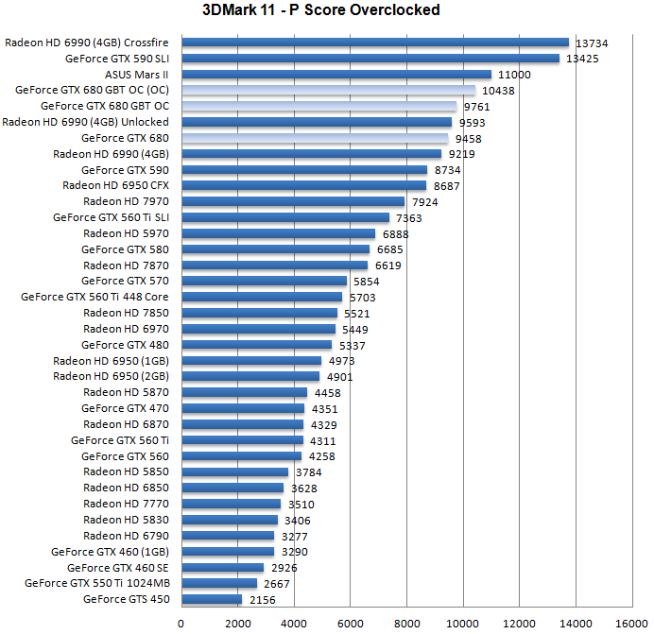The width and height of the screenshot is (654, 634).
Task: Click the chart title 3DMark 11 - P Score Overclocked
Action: point(320,11)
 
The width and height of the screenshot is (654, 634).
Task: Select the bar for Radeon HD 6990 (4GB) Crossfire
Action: point(374,43)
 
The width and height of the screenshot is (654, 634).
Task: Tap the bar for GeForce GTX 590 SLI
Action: point(370,59)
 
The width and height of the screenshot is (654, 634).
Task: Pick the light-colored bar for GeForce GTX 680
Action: point(314,138)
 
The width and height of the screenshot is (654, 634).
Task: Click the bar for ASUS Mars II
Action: point(336,75)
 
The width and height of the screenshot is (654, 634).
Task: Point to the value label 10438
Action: point(497,91)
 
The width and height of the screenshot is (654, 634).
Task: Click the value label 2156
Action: point(264,599)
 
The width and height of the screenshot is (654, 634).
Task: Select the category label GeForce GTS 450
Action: point(127,599)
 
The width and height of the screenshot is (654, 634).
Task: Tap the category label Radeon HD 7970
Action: point(126,201)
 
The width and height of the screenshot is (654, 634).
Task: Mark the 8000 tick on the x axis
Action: point(406,623)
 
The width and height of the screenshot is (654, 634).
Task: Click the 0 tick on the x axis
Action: point(181,623)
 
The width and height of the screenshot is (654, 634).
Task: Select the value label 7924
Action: point(426,201)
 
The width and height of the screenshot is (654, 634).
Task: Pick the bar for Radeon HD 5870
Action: point(244,392)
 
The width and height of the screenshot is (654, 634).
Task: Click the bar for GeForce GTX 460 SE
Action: point(222,567)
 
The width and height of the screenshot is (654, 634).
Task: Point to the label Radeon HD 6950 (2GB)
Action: point(112,376)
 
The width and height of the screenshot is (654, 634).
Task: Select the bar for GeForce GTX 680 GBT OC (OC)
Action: point(328,91)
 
